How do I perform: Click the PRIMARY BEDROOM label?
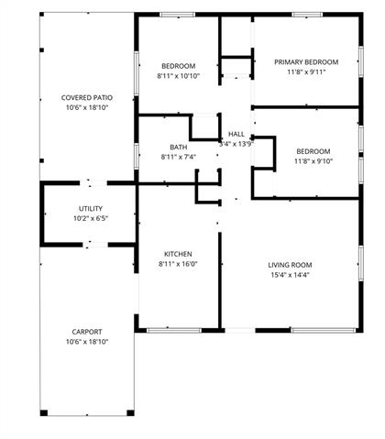[x=306, y=62]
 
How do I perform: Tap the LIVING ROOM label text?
[x=290, y=265]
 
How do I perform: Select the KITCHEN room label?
[x=178, y=254]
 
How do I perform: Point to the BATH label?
[x=179, y=147]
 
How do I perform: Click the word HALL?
[x=236, y=134]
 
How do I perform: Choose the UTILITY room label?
[x=91, y=208]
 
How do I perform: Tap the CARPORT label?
[x=87, y=332]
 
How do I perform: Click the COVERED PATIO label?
[x=87, y=98]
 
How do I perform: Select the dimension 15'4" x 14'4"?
[x=290, y=275]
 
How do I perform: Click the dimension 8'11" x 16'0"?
[x=178, y=264]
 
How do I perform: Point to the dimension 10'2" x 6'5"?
[x=91, y=218]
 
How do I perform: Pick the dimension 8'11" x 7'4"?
[x=179, y=157]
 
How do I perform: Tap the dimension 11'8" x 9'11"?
[x=306, y=72]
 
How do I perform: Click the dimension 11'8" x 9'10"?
[x=313, y=161]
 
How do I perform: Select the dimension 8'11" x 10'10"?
[x=179, y=76]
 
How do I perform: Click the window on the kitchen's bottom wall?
[x=174, y=330]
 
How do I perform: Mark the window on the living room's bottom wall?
[x=324, y=330]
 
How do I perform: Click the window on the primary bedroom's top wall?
[x=307, y=15]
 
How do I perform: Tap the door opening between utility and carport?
[x=95, y=245]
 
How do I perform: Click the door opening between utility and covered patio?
[x=93, y=183]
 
